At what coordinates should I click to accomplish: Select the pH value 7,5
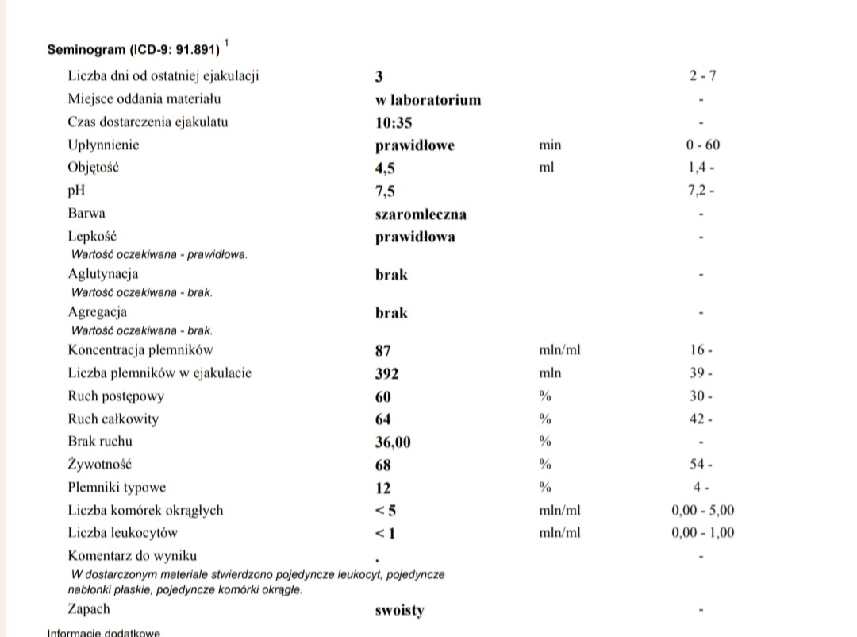[x=385, y=191]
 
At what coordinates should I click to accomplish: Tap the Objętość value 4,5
[x=385, y=168]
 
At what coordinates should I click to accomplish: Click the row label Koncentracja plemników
[x=140, y=350]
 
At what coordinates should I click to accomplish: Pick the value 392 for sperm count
[x=387, y=373]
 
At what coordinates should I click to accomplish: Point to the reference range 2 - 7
[x=703, y=77]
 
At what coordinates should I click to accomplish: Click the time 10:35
[x=394, y=123]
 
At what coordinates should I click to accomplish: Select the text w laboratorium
[x=428, y=100]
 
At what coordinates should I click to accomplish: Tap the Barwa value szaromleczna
[x=421, y=214]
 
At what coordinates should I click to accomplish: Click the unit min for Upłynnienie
[x=550, y=145]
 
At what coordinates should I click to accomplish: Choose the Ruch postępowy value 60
[x=383, y=396]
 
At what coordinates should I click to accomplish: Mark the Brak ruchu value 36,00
[x=394, y=442]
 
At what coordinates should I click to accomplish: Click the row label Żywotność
[x=100, y=465]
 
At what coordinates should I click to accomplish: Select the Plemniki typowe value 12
[x=383, y=488]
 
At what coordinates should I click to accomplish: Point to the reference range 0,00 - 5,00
[x=702, y=511]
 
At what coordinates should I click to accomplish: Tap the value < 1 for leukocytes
[x=385, y=534]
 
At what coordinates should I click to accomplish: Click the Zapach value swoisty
[x=400, y=611]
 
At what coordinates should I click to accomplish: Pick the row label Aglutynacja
[x=103, y=274]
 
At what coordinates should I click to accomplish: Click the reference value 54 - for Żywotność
[x=701, y=465]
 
